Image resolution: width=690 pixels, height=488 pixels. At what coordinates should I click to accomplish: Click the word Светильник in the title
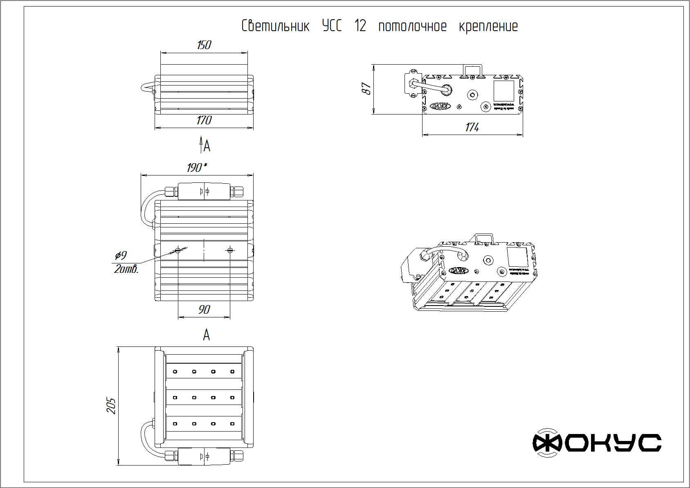[275, 27]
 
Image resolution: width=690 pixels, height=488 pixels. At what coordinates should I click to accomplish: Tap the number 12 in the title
[360, 27]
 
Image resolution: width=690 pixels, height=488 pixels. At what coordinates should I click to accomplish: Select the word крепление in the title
[488, 27]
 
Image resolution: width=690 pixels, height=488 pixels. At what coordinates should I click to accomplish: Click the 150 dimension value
[204, 45]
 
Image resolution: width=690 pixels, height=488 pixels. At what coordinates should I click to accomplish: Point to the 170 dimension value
[204, 120]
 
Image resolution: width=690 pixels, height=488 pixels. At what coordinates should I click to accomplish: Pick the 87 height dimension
[367, 89]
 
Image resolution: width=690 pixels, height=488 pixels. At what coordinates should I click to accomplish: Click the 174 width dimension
[472, 128]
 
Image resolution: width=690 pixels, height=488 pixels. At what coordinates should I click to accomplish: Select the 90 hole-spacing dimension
[204, 310]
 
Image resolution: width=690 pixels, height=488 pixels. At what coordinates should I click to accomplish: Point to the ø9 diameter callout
[121, 256]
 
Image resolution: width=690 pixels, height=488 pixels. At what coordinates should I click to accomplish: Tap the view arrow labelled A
[201, 145]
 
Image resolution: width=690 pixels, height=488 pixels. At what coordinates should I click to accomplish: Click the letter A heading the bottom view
[207, 335]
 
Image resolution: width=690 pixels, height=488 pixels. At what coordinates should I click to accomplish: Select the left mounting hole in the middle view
[178, 250]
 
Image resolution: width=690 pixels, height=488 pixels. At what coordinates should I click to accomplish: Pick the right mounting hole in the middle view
[230, 250]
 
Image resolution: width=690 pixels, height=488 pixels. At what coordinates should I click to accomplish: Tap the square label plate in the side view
[503, 91]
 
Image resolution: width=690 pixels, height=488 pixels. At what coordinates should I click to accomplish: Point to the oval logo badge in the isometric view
[459, 270]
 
